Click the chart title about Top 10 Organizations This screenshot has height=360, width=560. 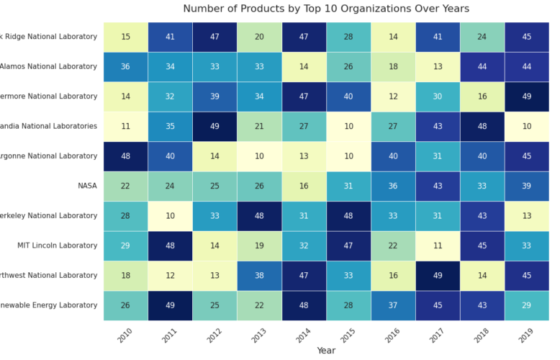tap(326, 9)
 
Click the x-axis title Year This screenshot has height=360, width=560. tap(326, 350)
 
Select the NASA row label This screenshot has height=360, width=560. tap(87, 186)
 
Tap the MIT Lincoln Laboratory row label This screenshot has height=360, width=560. tap(58, 246)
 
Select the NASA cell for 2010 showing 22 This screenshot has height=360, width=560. tap(126, 186)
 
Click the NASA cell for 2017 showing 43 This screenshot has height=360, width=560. tap(438, 186)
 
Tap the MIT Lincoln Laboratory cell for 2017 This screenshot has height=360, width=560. tap(438, 246)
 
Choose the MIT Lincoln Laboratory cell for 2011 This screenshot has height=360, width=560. tap(171, 246)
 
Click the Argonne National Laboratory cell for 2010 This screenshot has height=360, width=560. tap(126, 156)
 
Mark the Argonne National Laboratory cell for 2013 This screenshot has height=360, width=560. tap(259, 156)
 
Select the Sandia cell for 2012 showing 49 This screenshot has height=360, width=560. tap(214, 126)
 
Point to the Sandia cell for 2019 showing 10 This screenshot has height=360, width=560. tap(526, 126)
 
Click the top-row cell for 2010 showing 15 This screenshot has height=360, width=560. tap(126, 37)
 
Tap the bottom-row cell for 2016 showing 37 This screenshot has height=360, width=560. tap(393, 305)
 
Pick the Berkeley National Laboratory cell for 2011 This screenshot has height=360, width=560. tap(171, 216)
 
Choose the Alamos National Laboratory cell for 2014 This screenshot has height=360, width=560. tap(304, 67)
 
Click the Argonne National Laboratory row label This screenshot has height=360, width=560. tap(49, 156)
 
